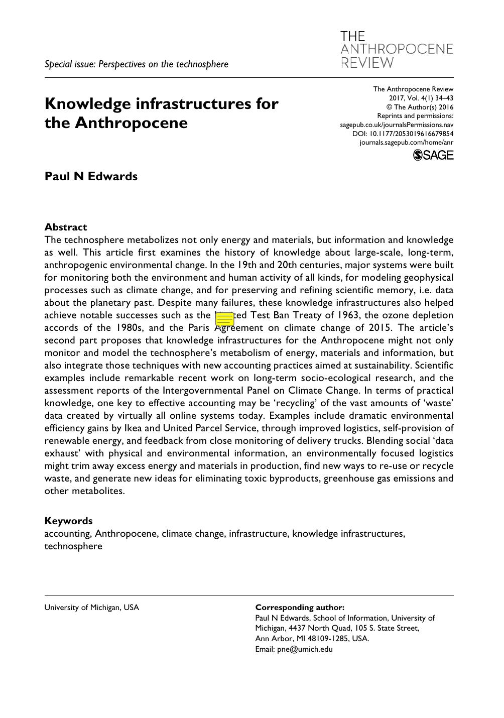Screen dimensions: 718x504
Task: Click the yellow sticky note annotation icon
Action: click(224, 319)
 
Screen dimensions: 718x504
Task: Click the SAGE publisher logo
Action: click(433, 155)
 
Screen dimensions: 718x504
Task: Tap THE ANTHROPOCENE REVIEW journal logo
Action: click(397, 49)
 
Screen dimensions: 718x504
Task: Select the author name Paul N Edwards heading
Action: click(91, 176)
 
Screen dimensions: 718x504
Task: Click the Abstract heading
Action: click(66, 227)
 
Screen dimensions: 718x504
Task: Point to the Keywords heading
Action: click(68, 521)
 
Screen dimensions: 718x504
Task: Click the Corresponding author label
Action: click(300, 607)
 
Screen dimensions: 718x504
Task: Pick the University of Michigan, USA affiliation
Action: click(91, 607)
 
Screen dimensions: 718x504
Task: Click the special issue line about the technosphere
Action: click(137, 64)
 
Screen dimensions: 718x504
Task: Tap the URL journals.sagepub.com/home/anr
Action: click(406, 143)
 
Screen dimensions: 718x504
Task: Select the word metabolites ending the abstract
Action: click(98, 491)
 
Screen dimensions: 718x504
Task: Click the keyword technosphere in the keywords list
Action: click(73, 546)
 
